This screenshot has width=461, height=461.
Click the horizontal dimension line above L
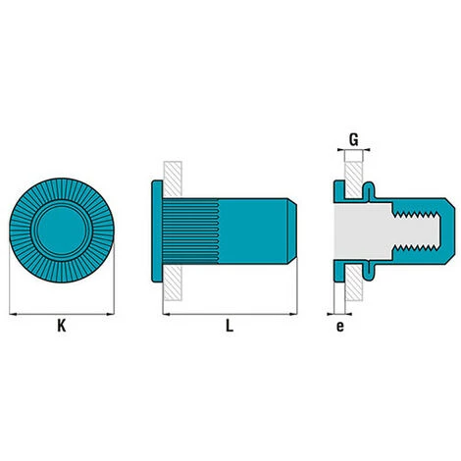(229, 314)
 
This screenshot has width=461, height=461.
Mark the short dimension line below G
(352, 150)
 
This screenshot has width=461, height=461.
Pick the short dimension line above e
(339, 314)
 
